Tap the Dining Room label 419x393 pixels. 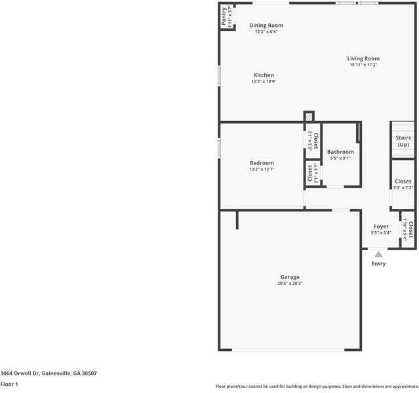(x=266, y=26)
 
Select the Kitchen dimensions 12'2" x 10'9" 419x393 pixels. (x=264, y=82)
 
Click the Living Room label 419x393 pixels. (x=363, y=59)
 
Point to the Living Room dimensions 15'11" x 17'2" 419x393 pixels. (x=363, y=65)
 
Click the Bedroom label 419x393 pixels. (x=262, y=163)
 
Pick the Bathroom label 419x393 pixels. (x=340, y=152)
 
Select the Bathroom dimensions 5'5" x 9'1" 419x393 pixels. (x=340, y=158)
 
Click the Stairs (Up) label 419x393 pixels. (x=403, y=141)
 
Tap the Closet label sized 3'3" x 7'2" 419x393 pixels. (x=403, y=181)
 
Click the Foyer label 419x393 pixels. (x=381, y=227)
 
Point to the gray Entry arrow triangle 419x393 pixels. (x=378, y=254)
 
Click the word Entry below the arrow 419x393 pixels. (x=378, y=264)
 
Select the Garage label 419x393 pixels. (x=290, y=277)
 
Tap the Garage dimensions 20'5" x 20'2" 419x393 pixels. (x=290, y=284)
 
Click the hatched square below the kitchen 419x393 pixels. (x=309, y=117)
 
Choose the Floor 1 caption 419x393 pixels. (x=9, y=384)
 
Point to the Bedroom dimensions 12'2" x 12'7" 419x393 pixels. (x=262, y=170)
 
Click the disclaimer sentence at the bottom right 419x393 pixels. (x=317, y=386)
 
